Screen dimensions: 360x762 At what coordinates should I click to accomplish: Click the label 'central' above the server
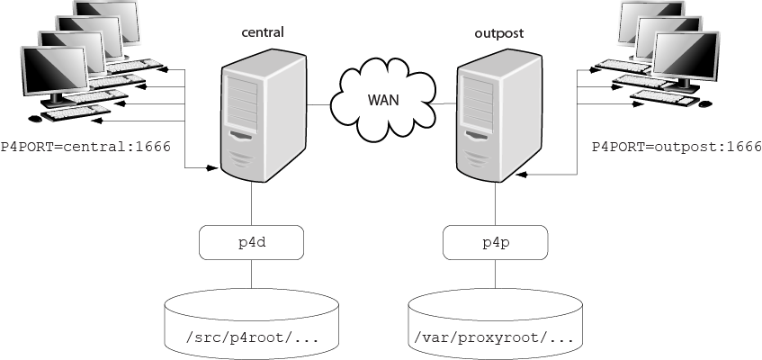(263, 32)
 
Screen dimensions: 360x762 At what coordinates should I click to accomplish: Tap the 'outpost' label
(499, 33)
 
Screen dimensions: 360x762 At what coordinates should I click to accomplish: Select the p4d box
(249, 242)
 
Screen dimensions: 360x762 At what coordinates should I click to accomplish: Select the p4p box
(494, 242)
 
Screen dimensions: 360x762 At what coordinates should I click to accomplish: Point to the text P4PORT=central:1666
(85, 146)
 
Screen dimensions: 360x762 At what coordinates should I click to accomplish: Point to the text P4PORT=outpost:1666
(676, 146)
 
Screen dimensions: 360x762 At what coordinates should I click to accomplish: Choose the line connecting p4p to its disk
(494, 274)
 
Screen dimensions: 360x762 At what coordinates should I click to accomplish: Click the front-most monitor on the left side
(54, 76)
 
